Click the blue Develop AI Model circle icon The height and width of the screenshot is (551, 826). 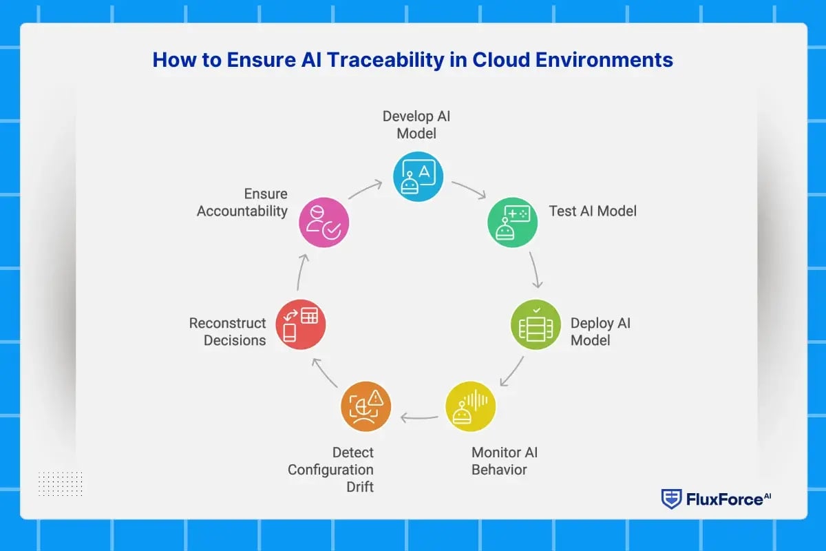tap(418, 176)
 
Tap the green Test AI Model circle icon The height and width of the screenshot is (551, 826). tap(513, 221)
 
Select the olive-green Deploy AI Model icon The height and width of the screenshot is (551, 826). tap(536, 324)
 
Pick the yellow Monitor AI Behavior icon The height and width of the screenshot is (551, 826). tap(470, 406)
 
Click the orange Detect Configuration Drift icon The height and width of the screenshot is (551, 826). tap(366, 406)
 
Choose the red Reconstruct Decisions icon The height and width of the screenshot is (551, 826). tap(300, 324)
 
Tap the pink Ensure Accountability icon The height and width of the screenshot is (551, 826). tap(324, 222)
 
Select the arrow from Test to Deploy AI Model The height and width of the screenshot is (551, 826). tap(535, 269)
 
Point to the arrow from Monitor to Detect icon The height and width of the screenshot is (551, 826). tap(419, 417)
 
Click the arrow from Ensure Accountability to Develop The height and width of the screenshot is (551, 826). tap(366, 189)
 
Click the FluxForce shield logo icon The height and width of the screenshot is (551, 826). tap(671, 499)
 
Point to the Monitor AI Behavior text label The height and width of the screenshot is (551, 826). tap(504, 461)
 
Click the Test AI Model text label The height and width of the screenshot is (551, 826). tap(593, 211)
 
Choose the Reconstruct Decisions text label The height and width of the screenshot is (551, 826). tap(228, 331)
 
